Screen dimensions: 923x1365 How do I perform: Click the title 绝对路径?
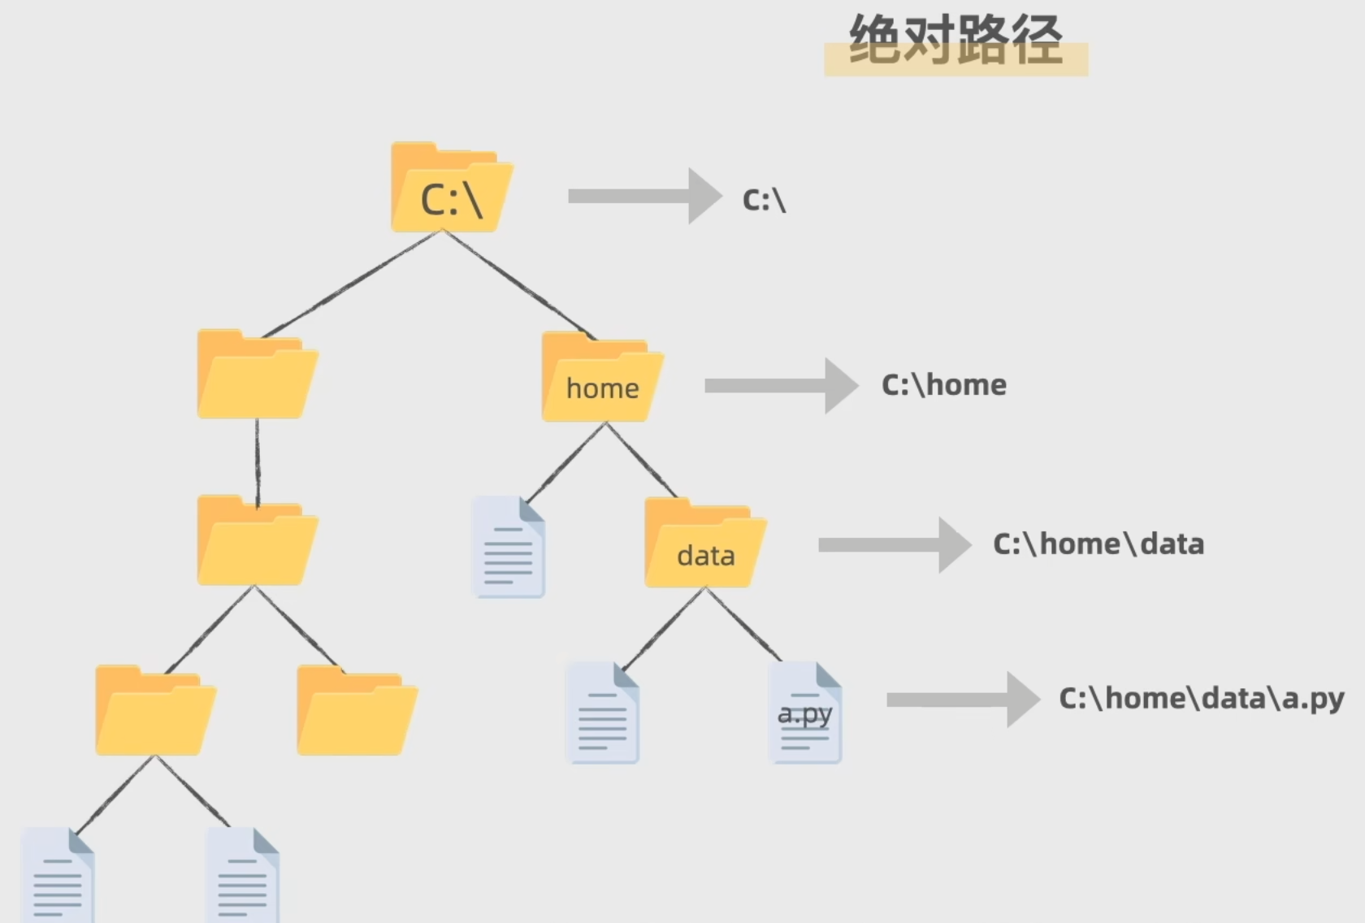coord(955,41)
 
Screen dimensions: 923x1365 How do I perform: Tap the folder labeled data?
coord(704,545)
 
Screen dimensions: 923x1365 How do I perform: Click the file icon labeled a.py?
coord(805,713)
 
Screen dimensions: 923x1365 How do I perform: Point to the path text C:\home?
coord(943,385)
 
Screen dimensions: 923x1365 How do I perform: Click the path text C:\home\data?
coord(1098,544)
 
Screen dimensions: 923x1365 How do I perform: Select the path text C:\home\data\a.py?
coord(1201,699)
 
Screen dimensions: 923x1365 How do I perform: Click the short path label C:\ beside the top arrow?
coord(764,200)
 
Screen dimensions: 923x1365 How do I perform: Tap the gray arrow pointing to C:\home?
coord(780,386)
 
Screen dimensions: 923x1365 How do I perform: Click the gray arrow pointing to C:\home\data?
coord(894,545)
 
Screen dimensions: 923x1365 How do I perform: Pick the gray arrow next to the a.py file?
coord(962,700)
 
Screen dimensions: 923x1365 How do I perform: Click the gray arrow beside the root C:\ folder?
coord(643,196)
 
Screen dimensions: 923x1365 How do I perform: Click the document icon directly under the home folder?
coord(509,548)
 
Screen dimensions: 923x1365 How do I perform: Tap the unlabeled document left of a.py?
coord(603,714)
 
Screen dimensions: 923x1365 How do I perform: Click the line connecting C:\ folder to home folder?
coord(520,284)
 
